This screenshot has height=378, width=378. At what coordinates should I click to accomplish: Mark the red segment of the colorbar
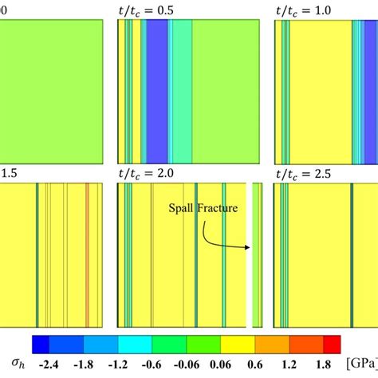[332, 344]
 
